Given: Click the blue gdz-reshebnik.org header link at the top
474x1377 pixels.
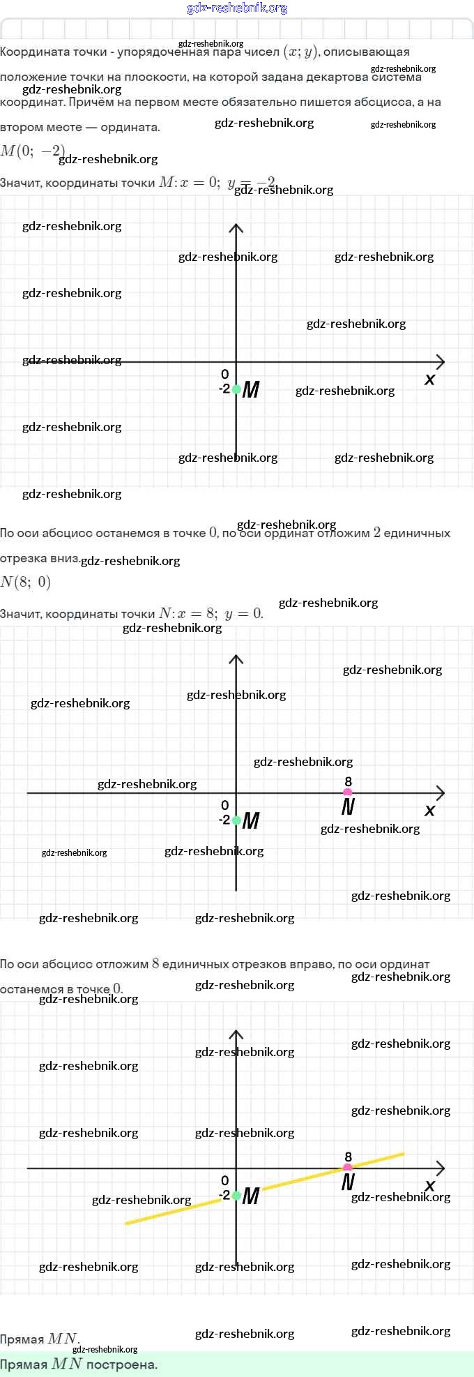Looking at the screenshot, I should pos(237,8).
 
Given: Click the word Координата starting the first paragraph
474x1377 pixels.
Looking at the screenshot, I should pos(29,52).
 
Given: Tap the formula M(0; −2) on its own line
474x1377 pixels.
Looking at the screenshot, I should pos(33,151).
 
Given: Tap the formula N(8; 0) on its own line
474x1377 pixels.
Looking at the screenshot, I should pos(26,582).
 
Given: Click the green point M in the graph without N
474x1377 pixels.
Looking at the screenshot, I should pos(236,389).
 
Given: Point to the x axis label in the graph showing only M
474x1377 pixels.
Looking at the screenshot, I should pos(429,379).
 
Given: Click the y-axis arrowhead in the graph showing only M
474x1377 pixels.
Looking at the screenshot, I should pos(236,229).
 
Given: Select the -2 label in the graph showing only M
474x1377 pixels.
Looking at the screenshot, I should pos(224,389).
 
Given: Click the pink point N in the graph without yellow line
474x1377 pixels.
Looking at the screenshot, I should pos(348,793).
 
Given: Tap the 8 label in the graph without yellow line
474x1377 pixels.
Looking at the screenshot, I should pos(349,782).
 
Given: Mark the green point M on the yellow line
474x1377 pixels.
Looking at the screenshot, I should pos(236,1196).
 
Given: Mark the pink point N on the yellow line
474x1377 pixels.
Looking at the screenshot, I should pos(348,1168).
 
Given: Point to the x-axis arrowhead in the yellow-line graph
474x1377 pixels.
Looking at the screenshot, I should pos(440,1168).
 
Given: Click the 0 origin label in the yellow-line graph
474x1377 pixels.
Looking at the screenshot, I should pos(224,1180).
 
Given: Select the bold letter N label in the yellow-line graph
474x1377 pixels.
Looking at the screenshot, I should pos(348,1182).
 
